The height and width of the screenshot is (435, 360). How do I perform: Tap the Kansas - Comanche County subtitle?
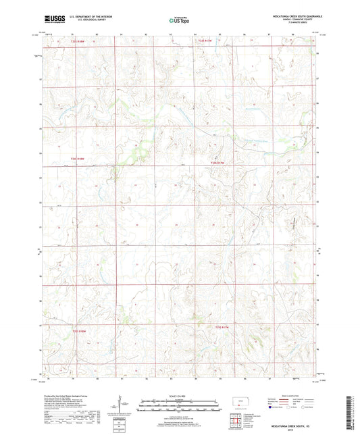(x=294, y=20)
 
